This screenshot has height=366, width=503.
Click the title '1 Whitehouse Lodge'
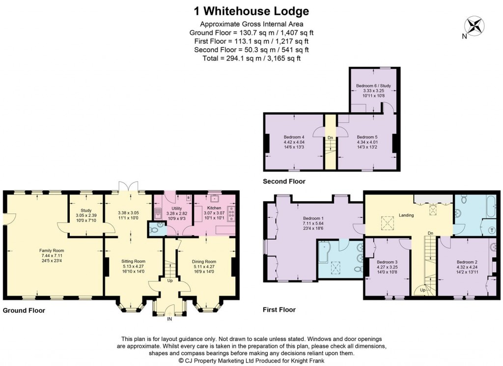click(x=251, y=11)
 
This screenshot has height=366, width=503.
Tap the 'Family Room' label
click(x=52, y=250)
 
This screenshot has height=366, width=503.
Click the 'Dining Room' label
click(x=204, y=261)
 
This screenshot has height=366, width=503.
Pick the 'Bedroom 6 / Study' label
click(x=373, y=86)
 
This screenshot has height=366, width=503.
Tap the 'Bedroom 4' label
click(x=294, y=137)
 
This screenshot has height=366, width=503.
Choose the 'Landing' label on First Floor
click(x=406, y=215)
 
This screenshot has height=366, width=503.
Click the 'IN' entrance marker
click(x=170, y=319)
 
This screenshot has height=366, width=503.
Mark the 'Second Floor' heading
click(x=284, y=182)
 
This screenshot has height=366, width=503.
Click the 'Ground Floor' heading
click(x=24, y=310)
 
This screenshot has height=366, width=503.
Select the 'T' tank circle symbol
click(x=492, y=230)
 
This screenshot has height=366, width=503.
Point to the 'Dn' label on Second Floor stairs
click(x=331, y=138)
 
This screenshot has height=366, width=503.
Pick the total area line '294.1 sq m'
click(x=251, y=58)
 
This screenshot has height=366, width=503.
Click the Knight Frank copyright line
click(x=251, y=361)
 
